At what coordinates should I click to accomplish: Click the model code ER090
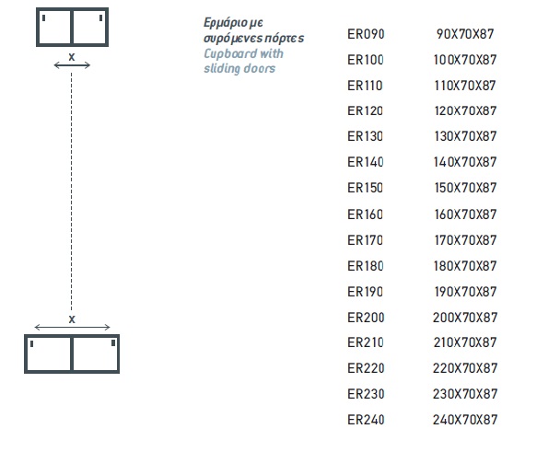pos(366,34)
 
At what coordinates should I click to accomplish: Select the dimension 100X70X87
pos(465,60)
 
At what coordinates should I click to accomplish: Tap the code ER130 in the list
pos(365,136)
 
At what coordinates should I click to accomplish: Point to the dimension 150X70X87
pos(465,188)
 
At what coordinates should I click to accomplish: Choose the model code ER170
pos(365,240)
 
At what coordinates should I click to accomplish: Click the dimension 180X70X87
pos(465,266)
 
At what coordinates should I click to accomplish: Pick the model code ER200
pos(366,318)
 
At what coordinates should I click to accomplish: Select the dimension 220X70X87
pos(465,368)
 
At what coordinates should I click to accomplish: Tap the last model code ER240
pos(366,420)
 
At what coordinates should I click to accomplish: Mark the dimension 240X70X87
pos(465,420)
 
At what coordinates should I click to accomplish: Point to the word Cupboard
pos(230,54)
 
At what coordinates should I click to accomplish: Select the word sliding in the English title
pos(222,68)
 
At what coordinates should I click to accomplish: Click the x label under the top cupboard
pos(72,57)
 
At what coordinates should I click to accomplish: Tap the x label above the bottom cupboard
pos(72,319)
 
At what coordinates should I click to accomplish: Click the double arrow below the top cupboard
pos(72,65)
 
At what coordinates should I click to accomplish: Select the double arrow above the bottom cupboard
pos(72,328)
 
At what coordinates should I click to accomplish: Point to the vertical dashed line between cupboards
pos(71,191)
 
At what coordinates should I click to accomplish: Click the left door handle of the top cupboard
pos(44,17)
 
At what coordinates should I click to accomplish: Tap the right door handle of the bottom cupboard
pos(113,342)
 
